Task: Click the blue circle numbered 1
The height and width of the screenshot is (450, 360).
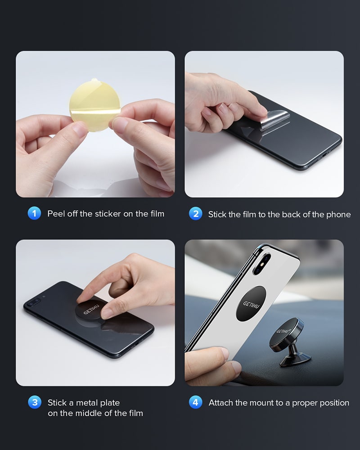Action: coord(35,213)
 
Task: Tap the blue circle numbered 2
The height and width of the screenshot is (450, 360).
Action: coord(196,213)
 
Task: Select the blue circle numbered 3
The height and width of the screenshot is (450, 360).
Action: coord(35,402)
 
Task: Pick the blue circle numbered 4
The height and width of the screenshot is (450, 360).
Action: coord(196,402)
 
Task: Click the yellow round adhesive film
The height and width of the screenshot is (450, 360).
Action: coord(95,105)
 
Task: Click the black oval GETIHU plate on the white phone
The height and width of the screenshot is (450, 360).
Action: coord(251,304)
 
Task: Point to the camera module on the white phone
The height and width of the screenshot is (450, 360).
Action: coord(262,264)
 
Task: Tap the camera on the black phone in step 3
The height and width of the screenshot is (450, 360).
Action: coord(34,301)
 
